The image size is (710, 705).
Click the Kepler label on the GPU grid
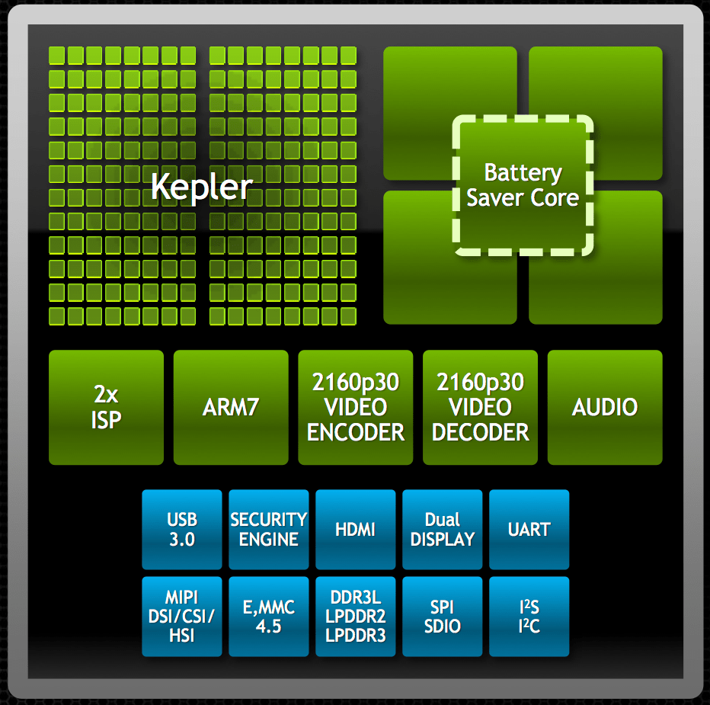tap(202, 186)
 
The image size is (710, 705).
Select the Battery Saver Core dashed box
tap(523, 185)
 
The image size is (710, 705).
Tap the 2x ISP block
tap(106, 407)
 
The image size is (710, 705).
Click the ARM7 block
tap(231, 407)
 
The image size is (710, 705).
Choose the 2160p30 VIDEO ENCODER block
tap(356, 407)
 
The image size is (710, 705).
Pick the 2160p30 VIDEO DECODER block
tap(481, 407)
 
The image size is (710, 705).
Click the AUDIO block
tap(605, 407)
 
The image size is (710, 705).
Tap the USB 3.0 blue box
tap(182, 530)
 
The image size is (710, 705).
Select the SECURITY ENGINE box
tap(269, 530)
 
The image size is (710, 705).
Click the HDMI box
tap(356, 530)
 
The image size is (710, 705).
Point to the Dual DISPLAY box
tap(443, 530)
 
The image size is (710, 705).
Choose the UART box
tap(529, 530)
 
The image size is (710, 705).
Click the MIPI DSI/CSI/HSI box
tap(182, 617)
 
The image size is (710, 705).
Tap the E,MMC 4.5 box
tap(269, 617)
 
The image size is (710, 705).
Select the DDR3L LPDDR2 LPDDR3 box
tap(356, 617)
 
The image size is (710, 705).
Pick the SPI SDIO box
tap(443, 617)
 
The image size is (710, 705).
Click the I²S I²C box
tap(529, 617)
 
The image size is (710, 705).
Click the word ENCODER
tap(356, 432)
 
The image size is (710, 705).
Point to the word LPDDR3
tap(356, 635)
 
